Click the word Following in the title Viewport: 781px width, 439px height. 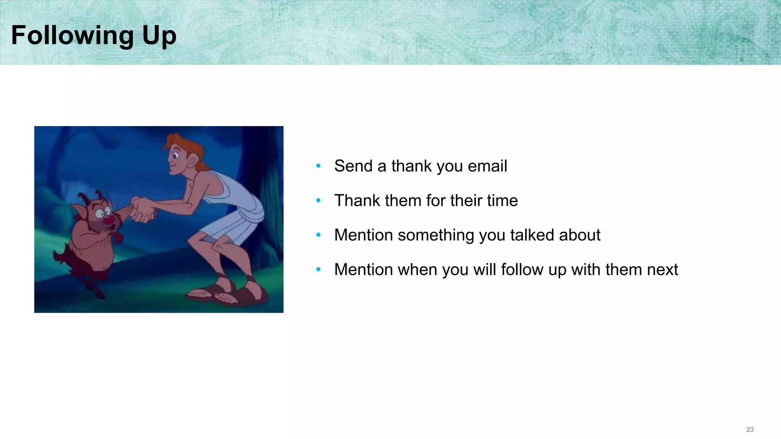tap(72, 35)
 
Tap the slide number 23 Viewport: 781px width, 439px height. tap(750, 429)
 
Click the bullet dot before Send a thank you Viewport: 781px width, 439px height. tap(318, 166)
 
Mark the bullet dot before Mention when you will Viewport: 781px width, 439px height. tap(318, 269)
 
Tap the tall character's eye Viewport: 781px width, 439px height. tap(176, 155)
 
